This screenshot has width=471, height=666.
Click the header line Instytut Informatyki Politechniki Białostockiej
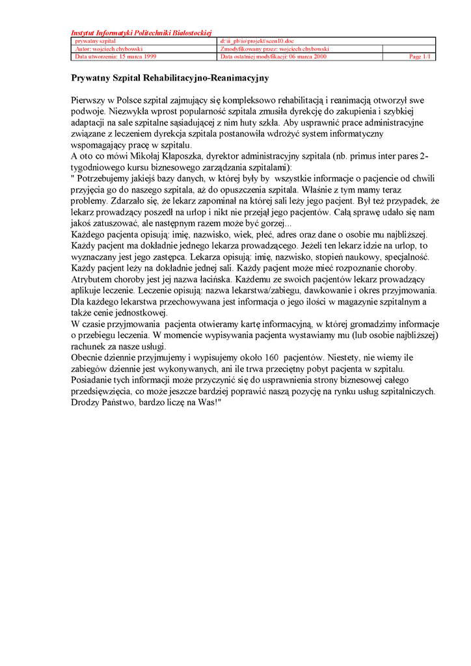tap(141, 33)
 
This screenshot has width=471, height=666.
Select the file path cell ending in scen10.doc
tap(257, 41)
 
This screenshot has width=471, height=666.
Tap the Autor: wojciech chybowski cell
tap(109, 49)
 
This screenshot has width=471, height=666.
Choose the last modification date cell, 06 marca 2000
tap(274, 57)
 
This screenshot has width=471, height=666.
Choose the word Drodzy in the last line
tap(85, 402)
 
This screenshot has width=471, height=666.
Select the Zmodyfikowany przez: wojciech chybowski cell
tap(275, 49)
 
